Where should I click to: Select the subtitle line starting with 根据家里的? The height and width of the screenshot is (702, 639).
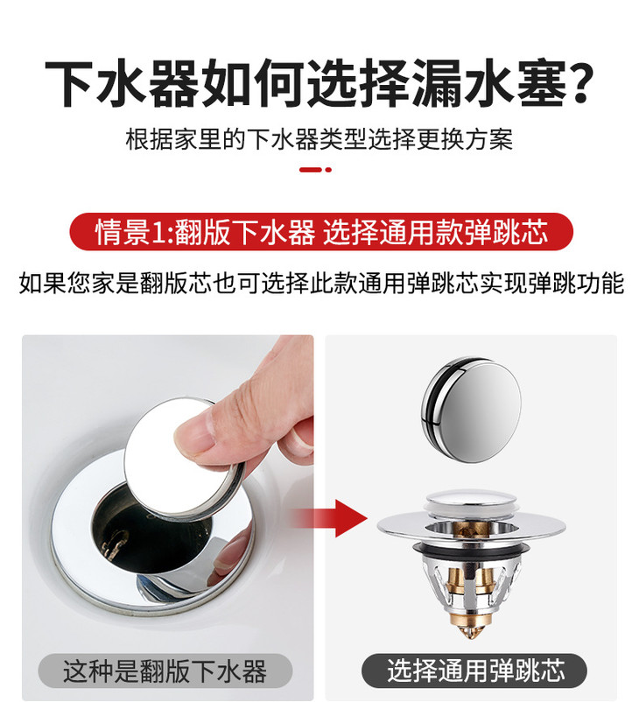(319, 139)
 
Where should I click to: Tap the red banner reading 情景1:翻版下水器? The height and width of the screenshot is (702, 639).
(321, 233)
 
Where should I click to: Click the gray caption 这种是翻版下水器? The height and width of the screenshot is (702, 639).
(165, 671)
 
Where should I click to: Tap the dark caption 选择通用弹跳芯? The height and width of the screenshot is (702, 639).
(475, 671)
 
